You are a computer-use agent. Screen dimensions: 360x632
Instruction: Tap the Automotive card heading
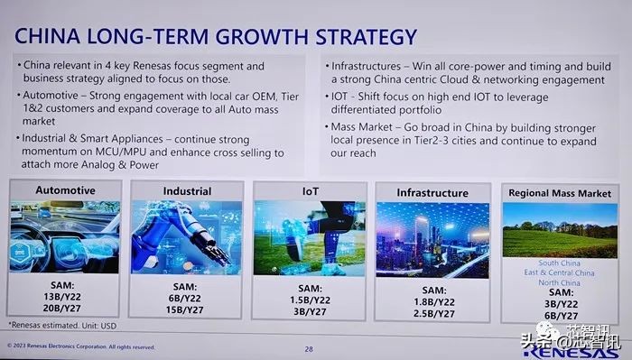pyautogui.click(x=65, y=190)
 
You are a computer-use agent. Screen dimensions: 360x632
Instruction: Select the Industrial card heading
pyautogui.click(x=187, y=191)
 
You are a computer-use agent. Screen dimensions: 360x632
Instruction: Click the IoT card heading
pyautogui.click(x=309, y=191)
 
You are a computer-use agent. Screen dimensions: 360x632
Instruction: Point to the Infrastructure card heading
pyautogui.click(x=432, y=193)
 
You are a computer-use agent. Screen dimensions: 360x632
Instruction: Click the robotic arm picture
pyautogui.click(x=187, y=236)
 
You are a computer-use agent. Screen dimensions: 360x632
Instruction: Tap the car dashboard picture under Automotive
pyautogui.click(x=65, y=236)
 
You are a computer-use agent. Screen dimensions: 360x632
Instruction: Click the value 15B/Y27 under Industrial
pyautogui.click(x=187, y=311)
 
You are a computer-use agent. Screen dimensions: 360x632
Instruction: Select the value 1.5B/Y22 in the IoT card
pyautogui.click(x=309, y=299)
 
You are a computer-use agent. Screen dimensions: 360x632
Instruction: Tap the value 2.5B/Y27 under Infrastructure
pyautogui.click(x=432, y=312)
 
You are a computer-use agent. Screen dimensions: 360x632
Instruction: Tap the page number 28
pyautogui.click(x=309, y=349)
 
